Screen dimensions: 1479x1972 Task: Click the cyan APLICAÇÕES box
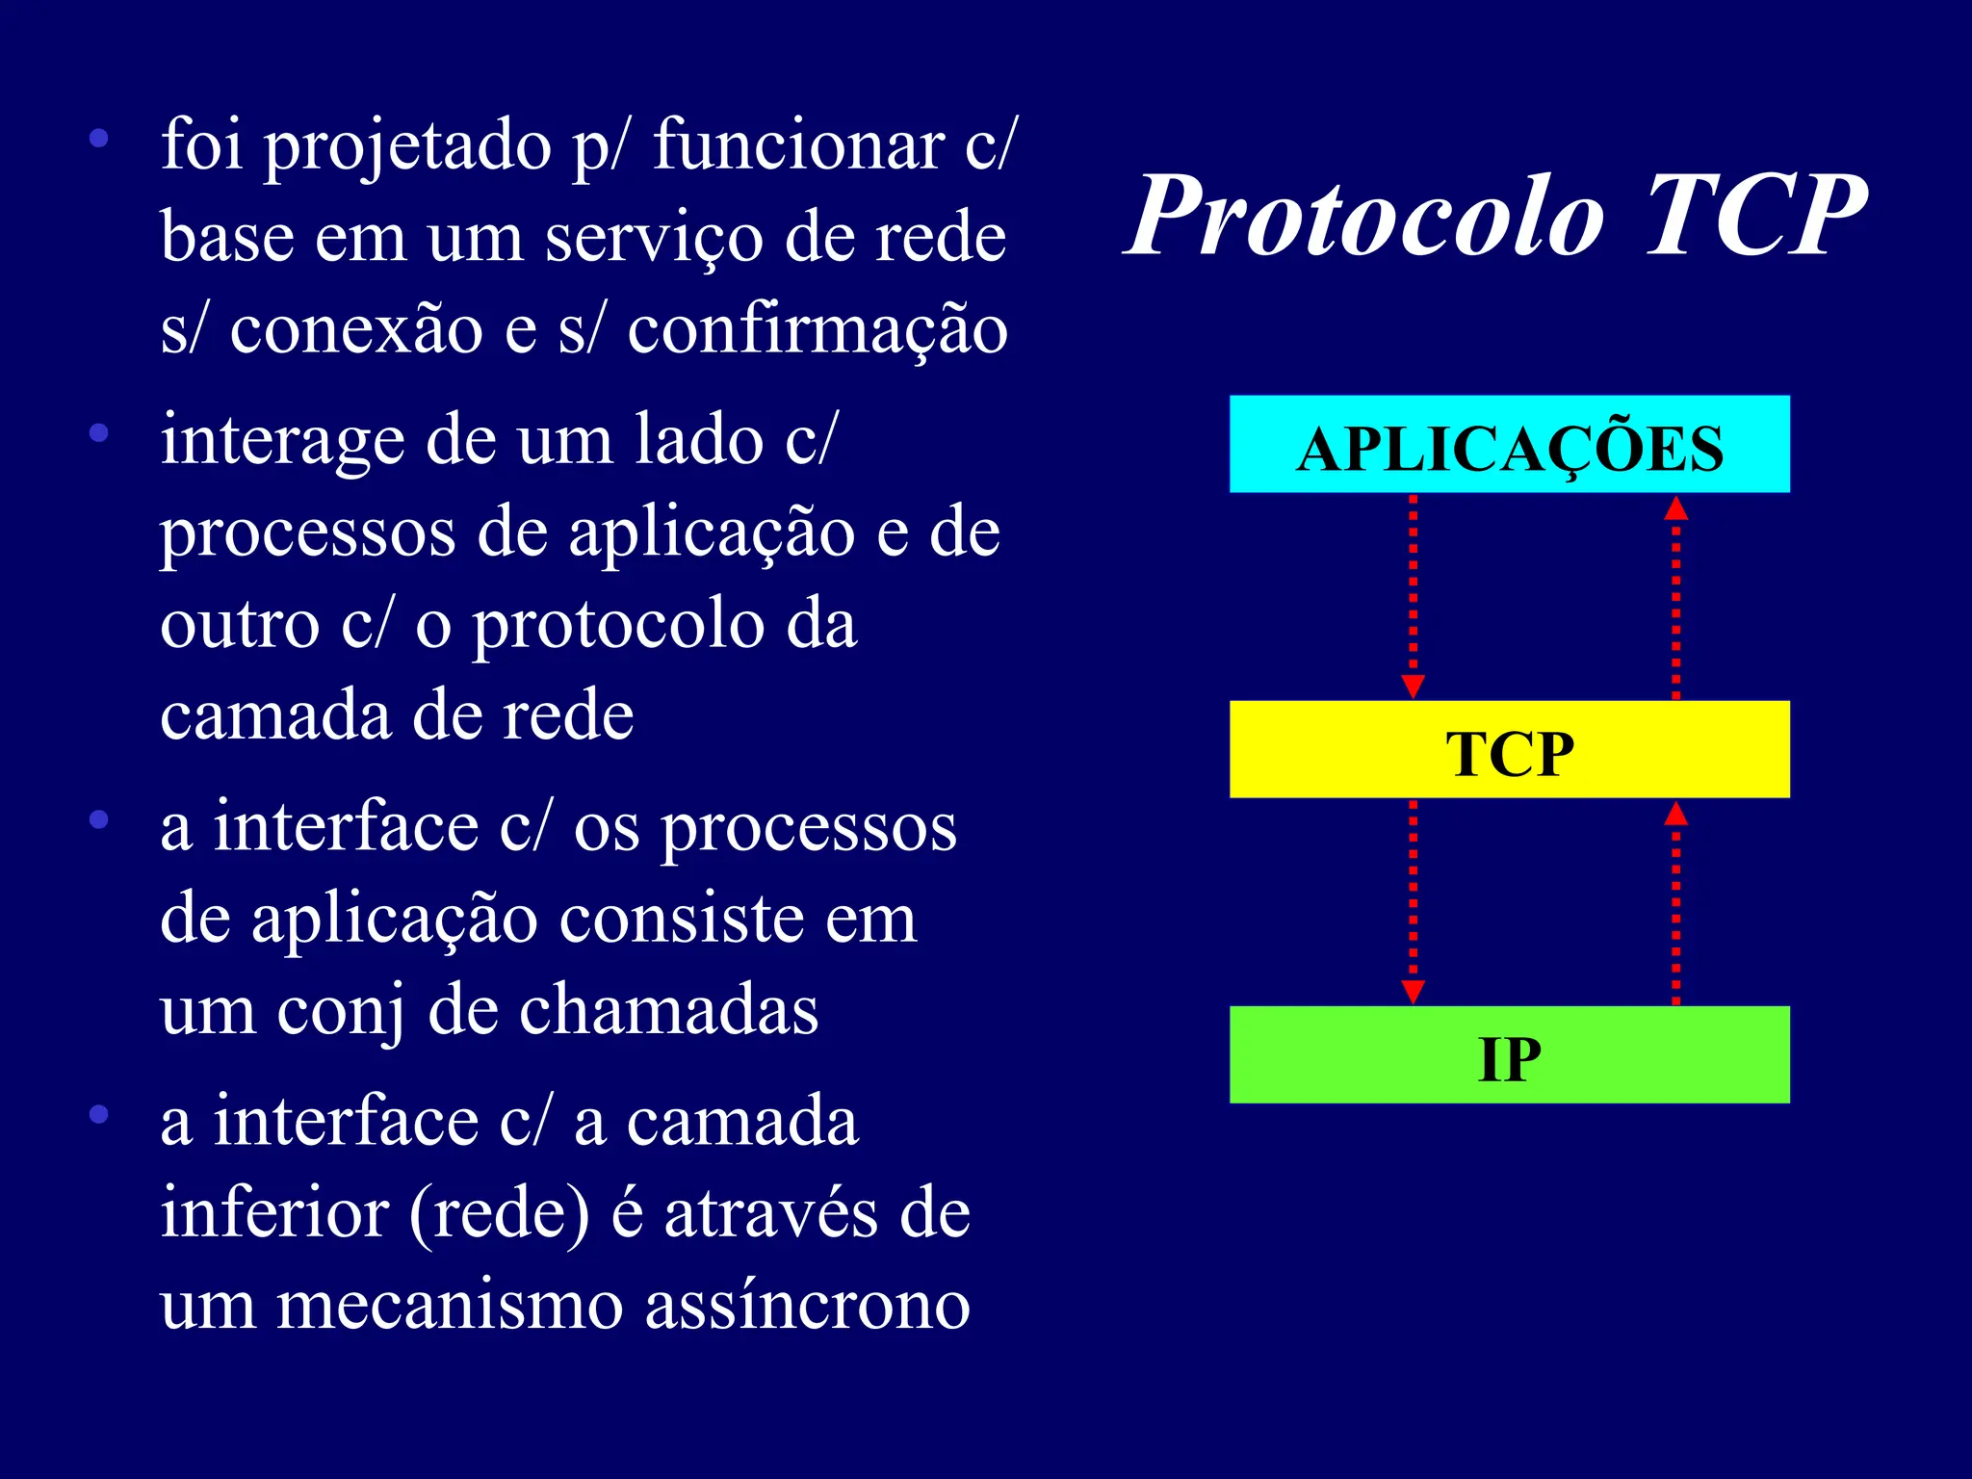tap(1509, 445)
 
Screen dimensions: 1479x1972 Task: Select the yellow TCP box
tap(1509, 749)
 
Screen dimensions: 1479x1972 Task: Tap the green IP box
tap(1509, 1055)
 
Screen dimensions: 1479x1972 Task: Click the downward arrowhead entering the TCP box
tap(1413, 687)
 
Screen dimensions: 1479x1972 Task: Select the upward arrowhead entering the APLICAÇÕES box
tap(1675, 508)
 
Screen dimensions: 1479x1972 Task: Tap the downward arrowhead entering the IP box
tap(1413, 992)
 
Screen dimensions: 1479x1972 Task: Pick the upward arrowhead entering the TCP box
tap(1675, 815)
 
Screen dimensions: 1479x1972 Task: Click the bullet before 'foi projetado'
tap(98, 139)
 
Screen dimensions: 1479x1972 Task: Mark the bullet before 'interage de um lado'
tap(98, 433)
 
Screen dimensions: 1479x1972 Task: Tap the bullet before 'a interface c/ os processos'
tap(98, 820)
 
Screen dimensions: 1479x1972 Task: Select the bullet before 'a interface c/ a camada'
tap(98, 1115)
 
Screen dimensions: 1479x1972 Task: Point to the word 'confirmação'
tap(817, 330)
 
